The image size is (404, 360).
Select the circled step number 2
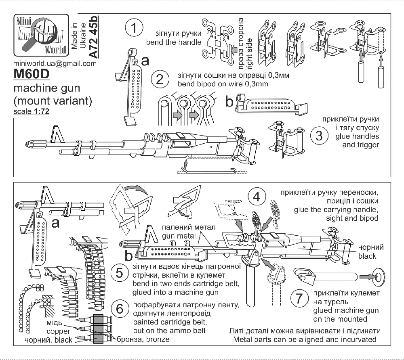pos(160,79)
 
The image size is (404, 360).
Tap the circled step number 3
pos(319,136)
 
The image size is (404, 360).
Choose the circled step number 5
pos(120,273)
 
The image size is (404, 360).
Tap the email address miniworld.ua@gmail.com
pos(55,64)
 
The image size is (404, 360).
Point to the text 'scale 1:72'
pos(31,111)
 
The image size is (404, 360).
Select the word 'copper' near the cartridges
pos(48,331)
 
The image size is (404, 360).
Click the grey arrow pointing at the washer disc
pos(365,276)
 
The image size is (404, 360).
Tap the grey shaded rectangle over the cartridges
pos(99,329)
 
